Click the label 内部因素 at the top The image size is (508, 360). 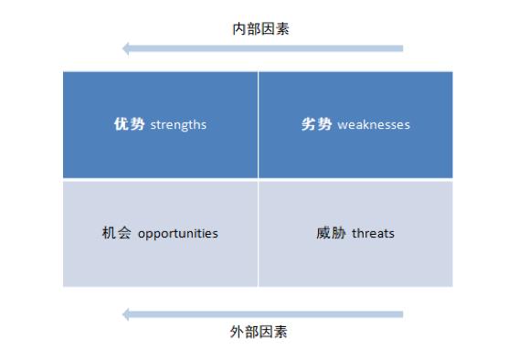click(261, 29)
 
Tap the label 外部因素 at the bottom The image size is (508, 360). click(259, 332)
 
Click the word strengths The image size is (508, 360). click(178, 124)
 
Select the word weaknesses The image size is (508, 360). click(374, 124)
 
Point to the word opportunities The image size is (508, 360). click(178, 233)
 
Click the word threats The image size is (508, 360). click(373, 233)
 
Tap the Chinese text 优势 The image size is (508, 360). click(129, 124)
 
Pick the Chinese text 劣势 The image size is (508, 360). click(316, 124)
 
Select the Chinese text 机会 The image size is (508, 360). click(118, 233)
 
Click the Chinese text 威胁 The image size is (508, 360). click(332, 233)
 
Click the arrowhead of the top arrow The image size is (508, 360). click(127, 48)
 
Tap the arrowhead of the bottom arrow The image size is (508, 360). click(127, 314)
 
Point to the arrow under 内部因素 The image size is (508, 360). click(265, 48)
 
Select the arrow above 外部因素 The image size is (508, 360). click(265, 314)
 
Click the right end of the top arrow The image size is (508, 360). click(401, 48)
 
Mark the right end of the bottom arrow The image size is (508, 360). click(401, 314)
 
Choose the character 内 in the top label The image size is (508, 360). click(239, 29)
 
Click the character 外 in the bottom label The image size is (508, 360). click(237, 332)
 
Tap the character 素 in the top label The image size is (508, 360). click(283, 29)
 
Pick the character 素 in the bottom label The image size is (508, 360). click(280, 332)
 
